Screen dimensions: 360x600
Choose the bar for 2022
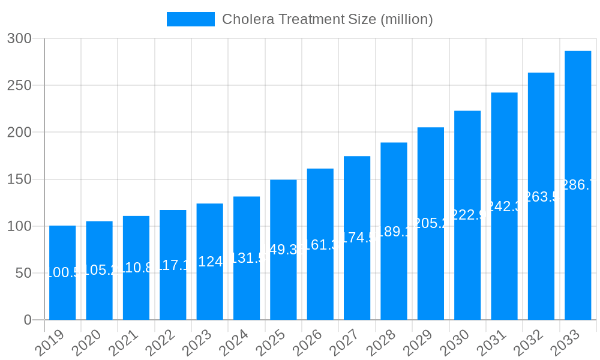173,288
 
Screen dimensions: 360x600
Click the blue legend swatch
190,19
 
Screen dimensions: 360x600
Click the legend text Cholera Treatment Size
327,19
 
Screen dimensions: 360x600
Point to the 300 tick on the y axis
19,38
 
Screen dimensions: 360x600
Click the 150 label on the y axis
19,179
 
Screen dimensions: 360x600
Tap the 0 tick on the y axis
27,320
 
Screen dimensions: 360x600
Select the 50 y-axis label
23,273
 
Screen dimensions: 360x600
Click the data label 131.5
247,258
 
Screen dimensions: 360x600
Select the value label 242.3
504,206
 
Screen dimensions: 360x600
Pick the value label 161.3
320,245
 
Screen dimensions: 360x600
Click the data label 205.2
431,223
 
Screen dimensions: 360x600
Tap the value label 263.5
541,197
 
